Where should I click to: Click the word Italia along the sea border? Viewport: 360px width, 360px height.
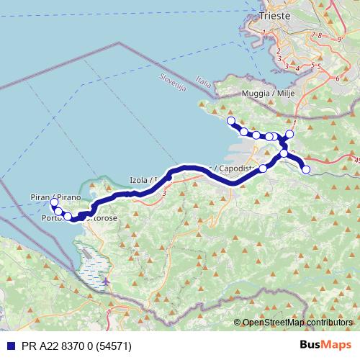pos(204,84)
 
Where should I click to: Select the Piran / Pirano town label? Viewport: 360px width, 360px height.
pos(55,196)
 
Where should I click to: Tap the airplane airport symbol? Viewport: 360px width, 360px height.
pos(106,281)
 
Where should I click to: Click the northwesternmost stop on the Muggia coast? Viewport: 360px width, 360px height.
pos(231,121)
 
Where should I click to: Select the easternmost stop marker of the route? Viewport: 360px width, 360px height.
pos(306,170)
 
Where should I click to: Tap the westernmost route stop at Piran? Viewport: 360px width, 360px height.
pos(54,204)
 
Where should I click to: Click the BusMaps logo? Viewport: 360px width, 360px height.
pos(325,345)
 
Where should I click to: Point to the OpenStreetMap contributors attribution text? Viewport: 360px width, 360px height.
pos(297,322)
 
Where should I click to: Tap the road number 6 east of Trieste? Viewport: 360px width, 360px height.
pos(337,78)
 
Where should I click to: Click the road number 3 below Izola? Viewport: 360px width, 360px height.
pos(165,192)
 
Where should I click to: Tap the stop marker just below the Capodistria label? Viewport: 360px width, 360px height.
pos(263,168)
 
